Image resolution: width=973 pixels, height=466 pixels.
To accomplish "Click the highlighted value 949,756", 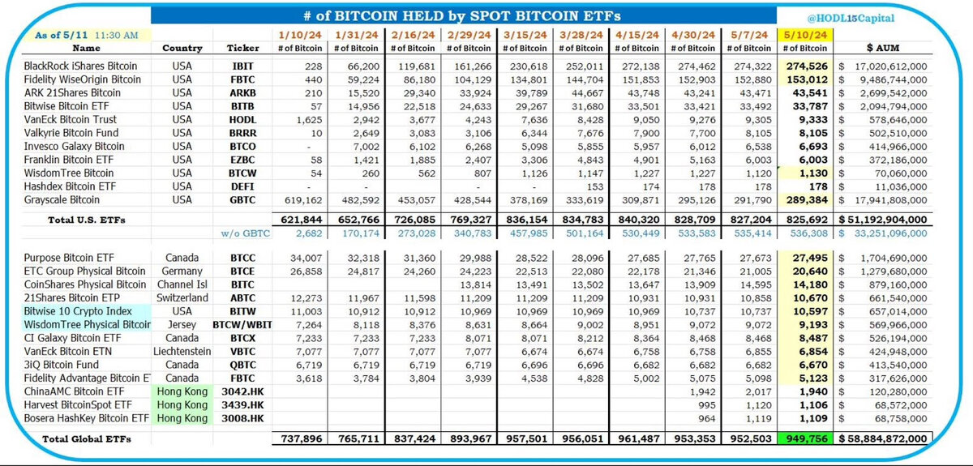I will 803,438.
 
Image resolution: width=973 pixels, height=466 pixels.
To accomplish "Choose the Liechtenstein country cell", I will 182,351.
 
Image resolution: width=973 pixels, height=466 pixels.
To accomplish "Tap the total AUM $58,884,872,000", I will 884,438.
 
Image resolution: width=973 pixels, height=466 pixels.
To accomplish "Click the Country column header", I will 182,48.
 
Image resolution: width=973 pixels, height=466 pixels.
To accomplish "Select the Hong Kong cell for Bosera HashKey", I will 182,418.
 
